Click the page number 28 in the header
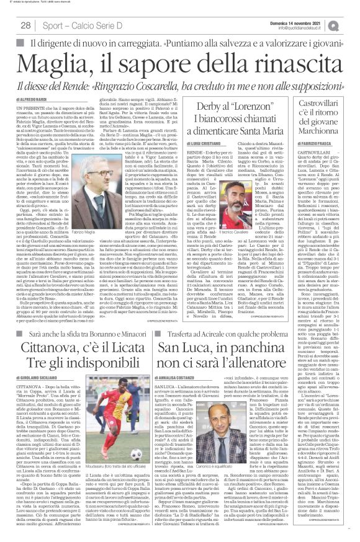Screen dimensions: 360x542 (x=26, y=25)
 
